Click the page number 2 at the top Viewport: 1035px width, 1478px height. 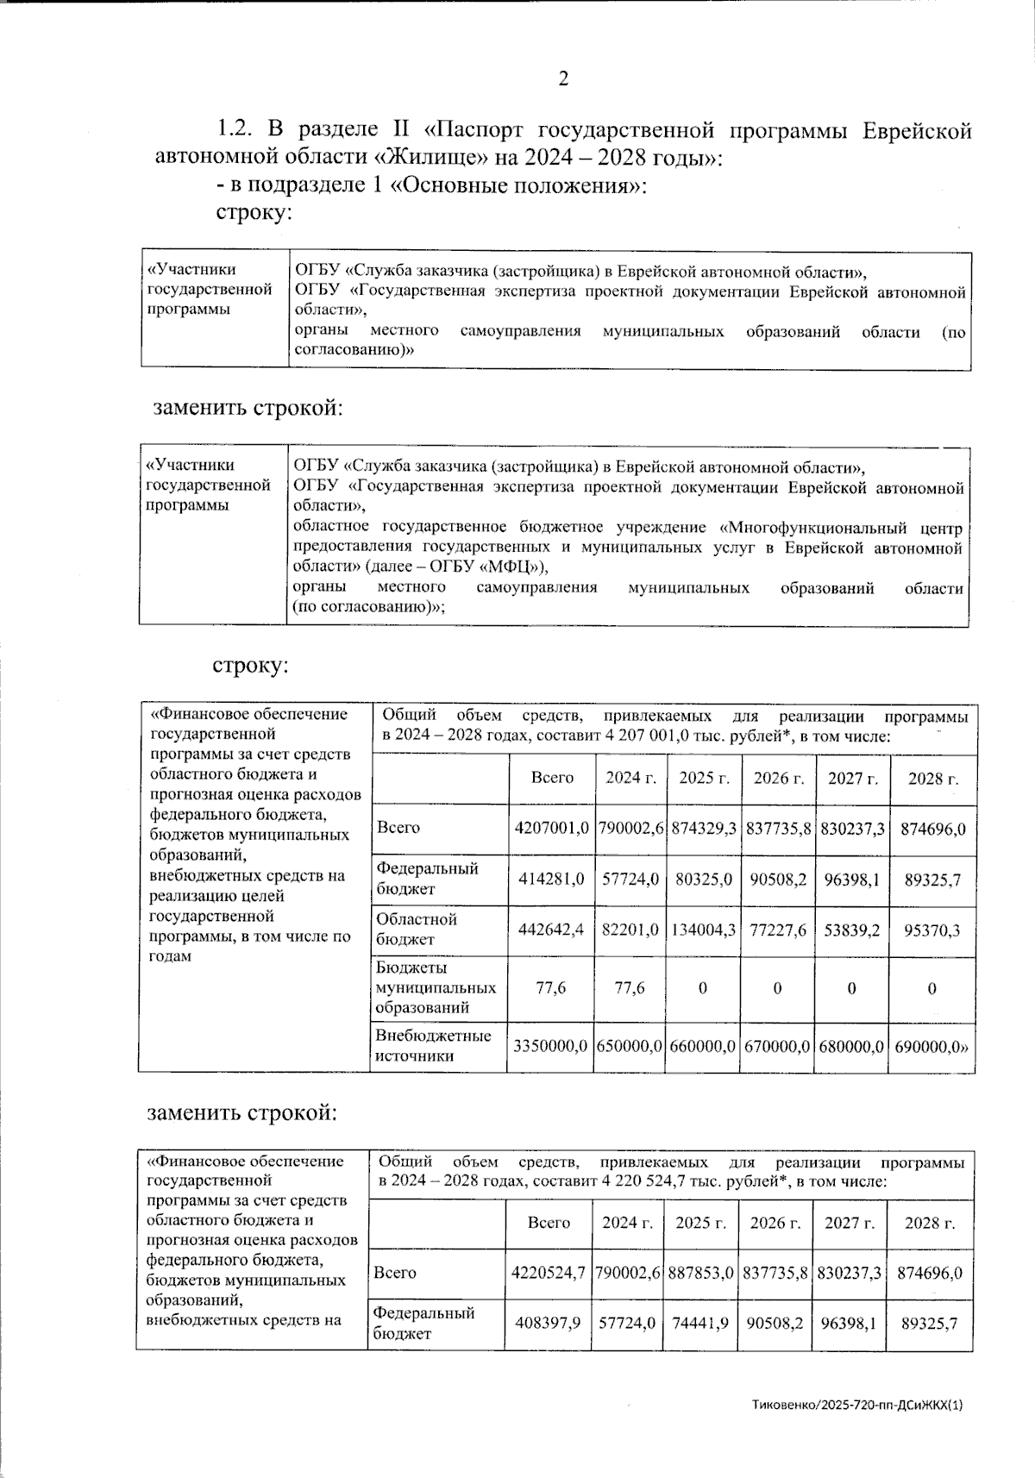point(563,79)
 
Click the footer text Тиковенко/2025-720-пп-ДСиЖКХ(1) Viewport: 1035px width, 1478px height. point(856,1405)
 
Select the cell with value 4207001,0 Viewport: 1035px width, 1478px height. point(551,828)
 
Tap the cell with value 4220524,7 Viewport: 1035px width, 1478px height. point(549,1273)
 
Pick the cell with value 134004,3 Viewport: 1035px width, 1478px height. point(702,930)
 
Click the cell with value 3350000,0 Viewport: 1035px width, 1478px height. point(550,1045)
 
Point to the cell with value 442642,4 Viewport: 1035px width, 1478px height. point(551,930)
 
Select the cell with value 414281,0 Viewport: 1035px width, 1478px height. point(551,879)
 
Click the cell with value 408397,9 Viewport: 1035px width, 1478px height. point(548,1323)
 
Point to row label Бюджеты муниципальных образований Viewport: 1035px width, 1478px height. point(435,987)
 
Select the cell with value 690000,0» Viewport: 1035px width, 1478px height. point(931,1045)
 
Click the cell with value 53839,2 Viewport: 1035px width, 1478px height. point(851,930)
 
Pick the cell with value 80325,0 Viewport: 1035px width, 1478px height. point(703,879)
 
